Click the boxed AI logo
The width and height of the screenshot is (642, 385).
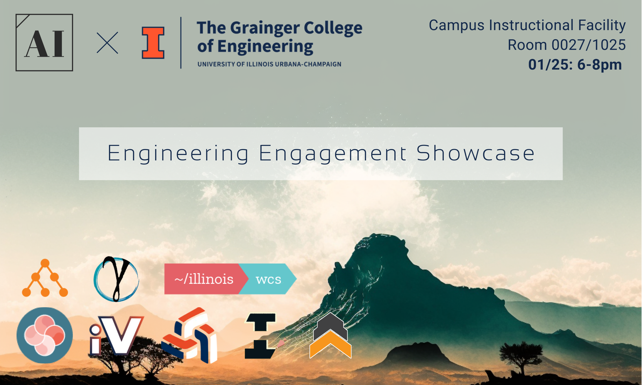[x=44, y=42]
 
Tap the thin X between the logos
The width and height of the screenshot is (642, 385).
[x=107, y=43]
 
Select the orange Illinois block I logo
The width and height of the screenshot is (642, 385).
[x=153, y=42]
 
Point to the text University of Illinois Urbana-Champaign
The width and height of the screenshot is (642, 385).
[x=269, y=64]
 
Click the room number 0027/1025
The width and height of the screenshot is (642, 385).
[x=588, y=45]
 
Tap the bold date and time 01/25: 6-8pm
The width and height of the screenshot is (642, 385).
[x=575, y=65]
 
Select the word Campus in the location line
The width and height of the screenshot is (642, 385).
[x=456, y=25]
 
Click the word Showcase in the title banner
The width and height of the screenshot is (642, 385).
[x=475, y=153]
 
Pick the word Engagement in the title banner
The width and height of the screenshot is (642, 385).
[x=333, y=153]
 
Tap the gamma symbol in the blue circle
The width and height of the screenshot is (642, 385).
[x=116, y=279]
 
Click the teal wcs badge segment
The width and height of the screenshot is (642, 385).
[x=268, y=279]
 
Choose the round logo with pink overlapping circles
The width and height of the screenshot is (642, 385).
[x=45, y=335]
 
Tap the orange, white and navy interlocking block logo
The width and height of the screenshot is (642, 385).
[x=189, y=335]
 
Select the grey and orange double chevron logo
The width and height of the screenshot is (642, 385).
[x=330, y=336]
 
